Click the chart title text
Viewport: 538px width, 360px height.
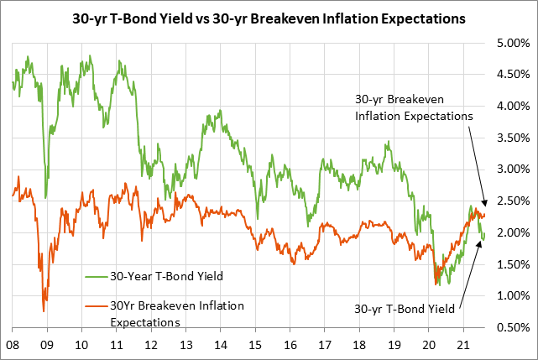[269, 18]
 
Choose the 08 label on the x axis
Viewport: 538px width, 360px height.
[13, 345]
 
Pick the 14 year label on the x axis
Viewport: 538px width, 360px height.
[221, 345]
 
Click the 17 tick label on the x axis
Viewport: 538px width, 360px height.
[325, 345]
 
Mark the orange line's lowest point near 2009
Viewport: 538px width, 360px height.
[44, 311]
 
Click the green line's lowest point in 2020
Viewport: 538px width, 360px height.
[437, 285]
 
